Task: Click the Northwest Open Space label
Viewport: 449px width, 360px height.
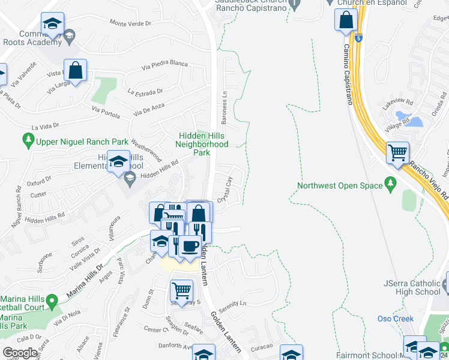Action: click(x=340, y=185)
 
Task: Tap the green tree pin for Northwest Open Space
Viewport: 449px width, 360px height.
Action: click(x=391, y=182)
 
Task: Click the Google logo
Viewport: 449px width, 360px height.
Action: click(x=20, y=353)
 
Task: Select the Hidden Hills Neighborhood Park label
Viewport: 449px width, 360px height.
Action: click(x=202, y=144)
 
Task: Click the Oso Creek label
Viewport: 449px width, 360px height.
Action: click(x=394, y=319)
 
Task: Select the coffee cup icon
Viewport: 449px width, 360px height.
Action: click(x=190, y=246)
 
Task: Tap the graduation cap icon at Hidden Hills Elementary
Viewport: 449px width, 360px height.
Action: click(x=119, y=161)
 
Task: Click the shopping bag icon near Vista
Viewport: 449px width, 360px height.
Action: click(x=76, y=70)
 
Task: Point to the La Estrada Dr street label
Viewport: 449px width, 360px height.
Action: click(x=145, y=92)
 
